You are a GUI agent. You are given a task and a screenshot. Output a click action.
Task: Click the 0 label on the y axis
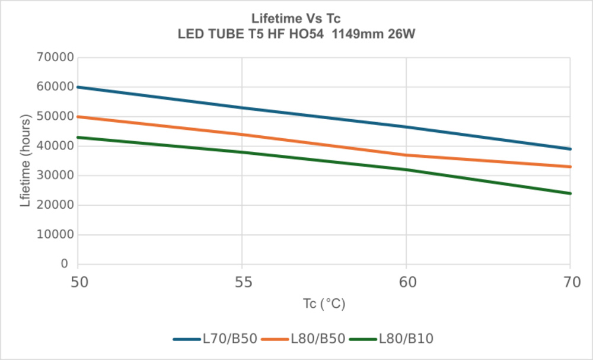(x=65, y=265)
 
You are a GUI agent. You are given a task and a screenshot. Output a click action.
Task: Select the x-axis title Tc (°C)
(x=323, y=304)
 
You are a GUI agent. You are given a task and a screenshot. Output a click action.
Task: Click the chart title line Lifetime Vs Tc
(x=296, y=20)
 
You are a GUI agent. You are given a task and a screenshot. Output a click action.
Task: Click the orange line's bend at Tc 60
(x=406, y=155)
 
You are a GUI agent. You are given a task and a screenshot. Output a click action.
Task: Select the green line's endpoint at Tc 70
(x=570, y=193)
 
